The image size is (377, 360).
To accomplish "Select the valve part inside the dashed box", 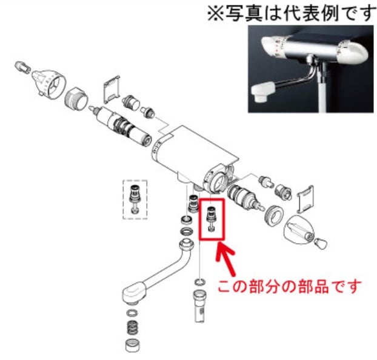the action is [135, 199].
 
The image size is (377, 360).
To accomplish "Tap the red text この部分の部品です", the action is [290, 286].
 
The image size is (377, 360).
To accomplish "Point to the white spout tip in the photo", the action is [262, 92].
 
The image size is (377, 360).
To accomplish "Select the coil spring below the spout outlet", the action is [132, 328].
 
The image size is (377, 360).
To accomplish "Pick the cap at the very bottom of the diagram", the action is [132, 345].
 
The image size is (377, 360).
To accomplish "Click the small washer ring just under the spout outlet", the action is [132, 313].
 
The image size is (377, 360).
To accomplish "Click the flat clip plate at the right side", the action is [305, 199].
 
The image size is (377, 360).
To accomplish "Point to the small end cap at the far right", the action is [320, 244].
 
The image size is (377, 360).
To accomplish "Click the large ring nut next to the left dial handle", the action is [76, 98].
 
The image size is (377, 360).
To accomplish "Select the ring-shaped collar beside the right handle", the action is [274, 216].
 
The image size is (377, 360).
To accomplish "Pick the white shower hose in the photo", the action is [324, 93].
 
